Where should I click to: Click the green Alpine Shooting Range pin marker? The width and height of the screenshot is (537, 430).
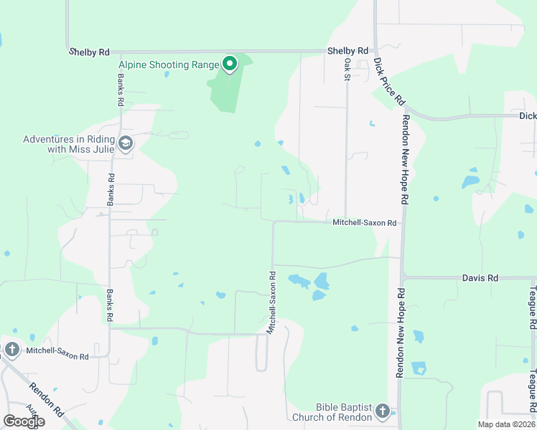(x=230, y=64)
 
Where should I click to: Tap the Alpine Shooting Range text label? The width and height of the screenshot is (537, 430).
(x=169, y=64)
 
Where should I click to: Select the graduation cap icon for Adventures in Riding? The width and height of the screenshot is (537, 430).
(x=126, y=143)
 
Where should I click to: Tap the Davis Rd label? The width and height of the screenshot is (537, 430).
(x=480, y=277)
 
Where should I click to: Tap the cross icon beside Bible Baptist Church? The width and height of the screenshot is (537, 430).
(x=383, y=411)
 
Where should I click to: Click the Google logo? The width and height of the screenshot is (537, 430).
(x=24, y=421)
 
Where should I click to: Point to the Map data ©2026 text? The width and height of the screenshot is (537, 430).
(x=507, y=424)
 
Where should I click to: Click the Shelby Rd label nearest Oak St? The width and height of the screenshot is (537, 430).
(x=347, y=51)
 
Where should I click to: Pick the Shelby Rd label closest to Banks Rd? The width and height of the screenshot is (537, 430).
(x=89, y=52)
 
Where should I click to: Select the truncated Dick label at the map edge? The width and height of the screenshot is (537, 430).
(x=528, y=115)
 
